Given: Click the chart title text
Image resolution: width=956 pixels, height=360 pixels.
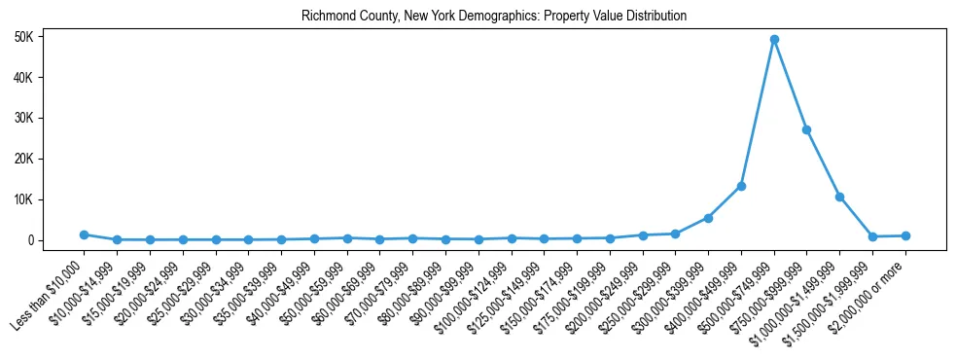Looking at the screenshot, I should [494, 17].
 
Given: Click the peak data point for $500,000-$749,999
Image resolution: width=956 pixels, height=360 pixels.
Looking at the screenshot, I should [774, 40].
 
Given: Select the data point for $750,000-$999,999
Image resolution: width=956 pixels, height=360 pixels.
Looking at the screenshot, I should [807, 129].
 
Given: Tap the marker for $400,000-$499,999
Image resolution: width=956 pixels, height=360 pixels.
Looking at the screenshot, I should [741, 186].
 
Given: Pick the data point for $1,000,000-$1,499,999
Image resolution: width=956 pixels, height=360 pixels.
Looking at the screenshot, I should [839, 197].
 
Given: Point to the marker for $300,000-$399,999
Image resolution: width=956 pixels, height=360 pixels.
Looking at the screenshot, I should [708, 218].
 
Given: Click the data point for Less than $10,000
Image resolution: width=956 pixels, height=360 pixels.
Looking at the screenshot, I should [85, 234].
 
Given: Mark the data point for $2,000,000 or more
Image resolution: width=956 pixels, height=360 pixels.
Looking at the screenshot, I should [905, 235].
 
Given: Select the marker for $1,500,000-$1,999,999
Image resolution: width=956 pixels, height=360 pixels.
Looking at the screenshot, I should [872, 236].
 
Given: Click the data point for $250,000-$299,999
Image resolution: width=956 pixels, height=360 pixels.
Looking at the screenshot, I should [675, 234].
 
